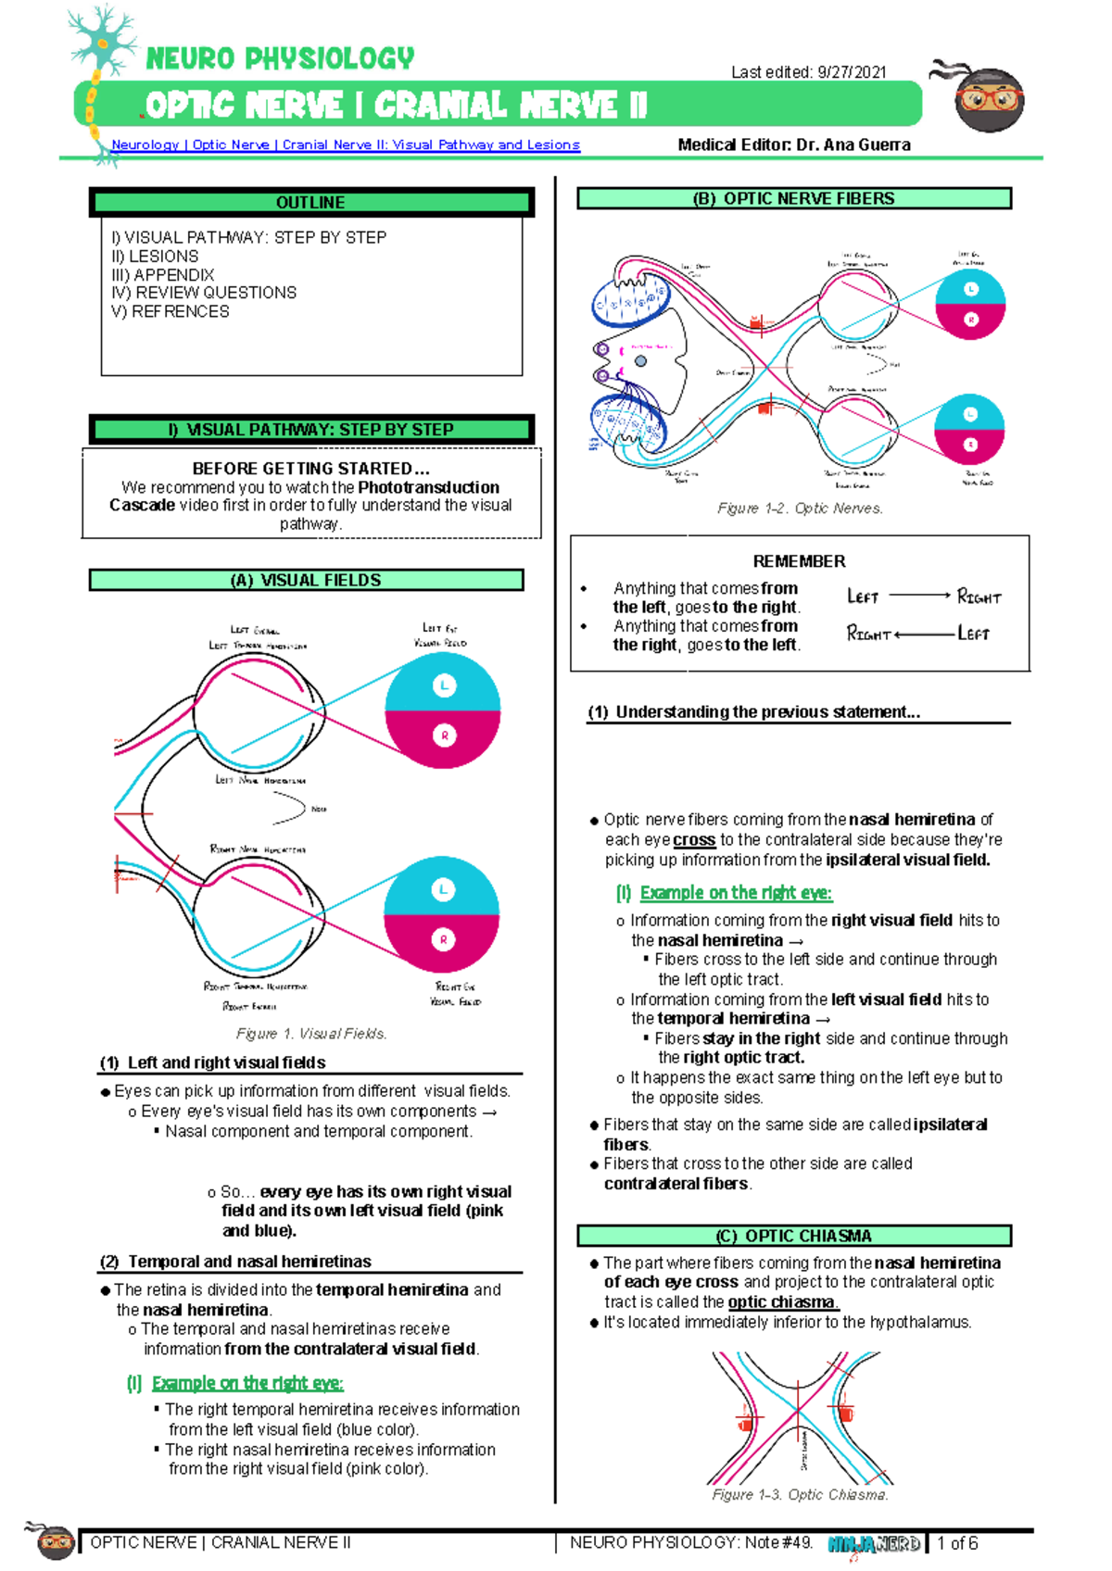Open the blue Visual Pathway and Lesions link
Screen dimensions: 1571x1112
click(x=346, y=145)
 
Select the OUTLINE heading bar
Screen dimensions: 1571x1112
click(x=310, y=202)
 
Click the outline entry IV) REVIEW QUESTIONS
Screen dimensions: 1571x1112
click(x=204, y=293)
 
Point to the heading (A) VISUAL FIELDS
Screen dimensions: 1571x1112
click(x=306, y=580)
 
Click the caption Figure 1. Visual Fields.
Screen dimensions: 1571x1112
click(x=311, y=1034)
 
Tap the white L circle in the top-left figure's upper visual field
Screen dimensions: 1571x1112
click(x=444, y=686)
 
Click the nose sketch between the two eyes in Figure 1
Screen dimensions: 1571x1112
click(x=289, y=809)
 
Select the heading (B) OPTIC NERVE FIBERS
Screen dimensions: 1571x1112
click(x=793, y=198)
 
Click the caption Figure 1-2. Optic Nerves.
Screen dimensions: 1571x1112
click(x=800, y=509)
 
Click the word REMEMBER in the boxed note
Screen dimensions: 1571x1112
click(x=799, y=561)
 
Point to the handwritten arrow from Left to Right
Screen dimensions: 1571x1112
click(x=919, y=596)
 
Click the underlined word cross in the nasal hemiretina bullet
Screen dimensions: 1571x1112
click(x=694, y=840)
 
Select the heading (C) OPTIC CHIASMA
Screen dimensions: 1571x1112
click(x=793, y=1236)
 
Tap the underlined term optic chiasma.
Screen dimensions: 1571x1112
click(x=783, y=1302)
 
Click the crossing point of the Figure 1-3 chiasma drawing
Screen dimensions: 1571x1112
click(x=797, y=1411)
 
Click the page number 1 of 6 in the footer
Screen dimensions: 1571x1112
click(x=957, y=1543)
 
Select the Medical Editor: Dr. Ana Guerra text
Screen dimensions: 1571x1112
click(x=793, y=145)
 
